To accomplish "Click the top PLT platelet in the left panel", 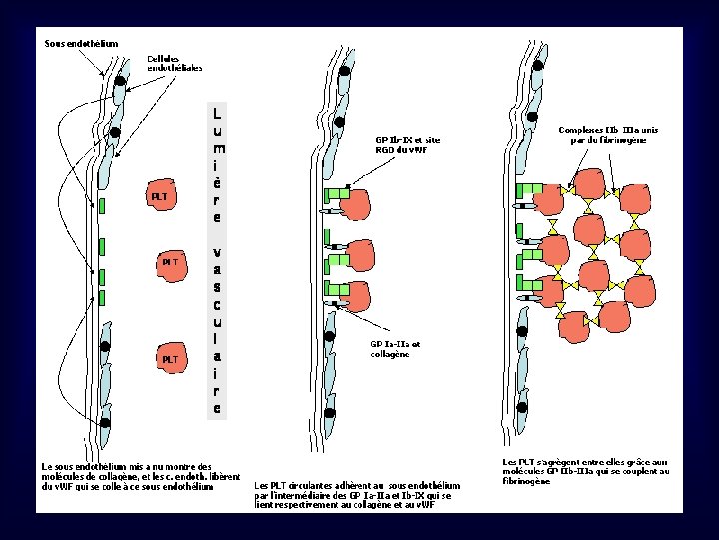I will pos(160,196).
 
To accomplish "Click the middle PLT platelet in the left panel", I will pos(170,262).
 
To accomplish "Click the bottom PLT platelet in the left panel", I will pos(170,357).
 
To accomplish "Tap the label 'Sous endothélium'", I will pos(81,44).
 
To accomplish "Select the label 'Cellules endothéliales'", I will pos(175,63).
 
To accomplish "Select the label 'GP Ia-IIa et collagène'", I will pos(395,348).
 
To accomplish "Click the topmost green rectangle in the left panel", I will pos(103,206).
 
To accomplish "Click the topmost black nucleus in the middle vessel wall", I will pos(344,72).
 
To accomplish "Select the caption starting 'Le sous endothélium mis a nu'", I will pos(140,476).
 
